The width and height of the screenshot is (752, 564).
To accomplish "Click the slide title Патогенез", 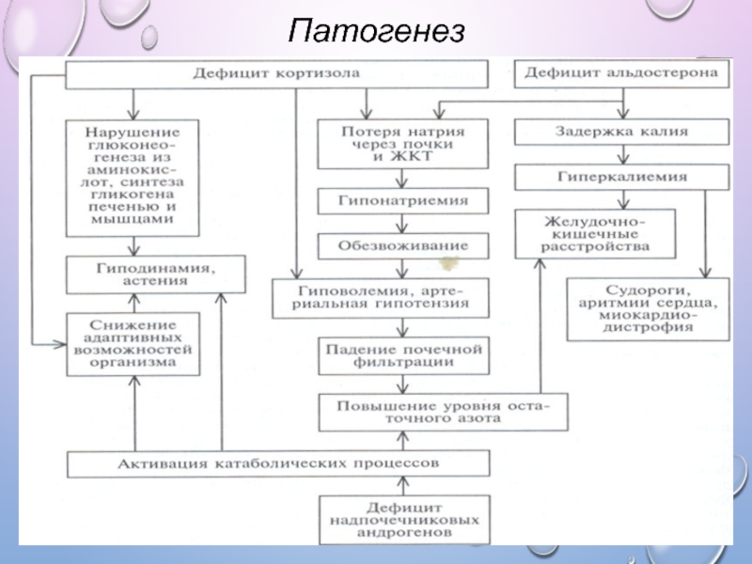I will click(376, 32).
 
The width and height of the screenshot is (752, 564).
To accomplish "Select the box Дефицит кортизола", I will click(277, 73).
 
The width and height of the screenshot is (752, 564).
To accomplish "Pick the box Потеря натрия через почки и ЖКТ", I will click(401, 141).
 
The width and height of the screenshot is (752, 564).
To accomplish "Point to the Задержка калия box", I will click(620, 133).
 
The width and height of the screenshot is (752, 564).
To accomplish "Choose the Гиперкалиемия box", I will click(621, 177).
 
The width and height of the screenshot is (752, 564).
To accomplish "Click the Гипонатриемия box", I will click(403, 201).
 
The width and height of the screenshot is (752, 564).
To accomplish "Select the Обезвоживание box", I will click(403, 246).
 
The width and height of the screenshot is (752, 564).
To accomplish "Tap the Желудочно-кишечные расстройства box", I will click(594, 233).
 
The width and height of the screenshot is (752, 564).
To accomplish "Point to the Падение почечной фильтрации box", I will click(403, 354).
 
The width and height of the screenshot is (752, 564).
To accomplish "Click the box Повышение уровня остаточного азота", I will click(442, 412).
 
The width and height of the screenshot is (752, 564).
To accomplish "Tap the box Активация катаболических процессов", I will click(278, 463).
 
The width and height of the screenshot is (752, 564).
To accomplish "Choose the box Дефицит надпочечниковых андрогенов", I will click(403, 519).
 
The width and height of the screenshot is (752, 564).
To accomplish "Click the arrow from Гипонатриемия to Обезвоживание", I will click(403, 224).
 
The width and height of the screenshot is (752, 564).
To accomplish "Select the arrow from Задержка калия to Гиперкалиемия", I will click(621, 155).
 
